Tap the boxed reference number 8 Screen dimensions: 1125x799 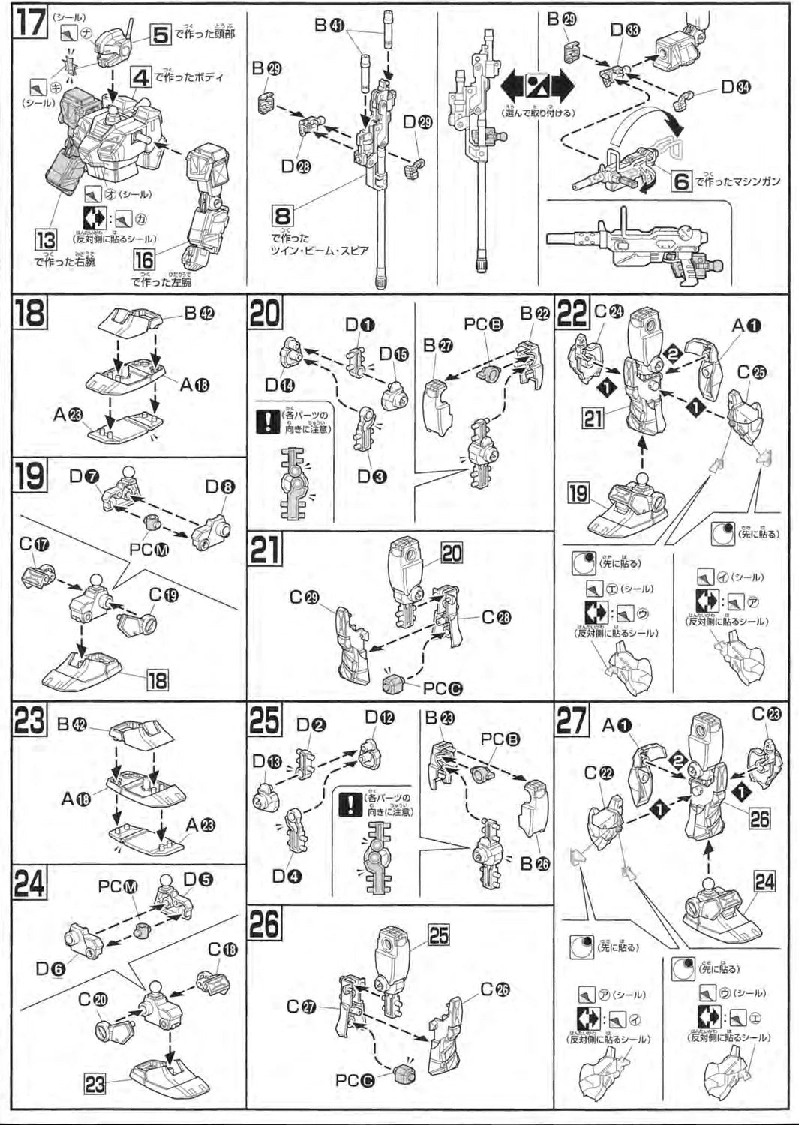[284, 215]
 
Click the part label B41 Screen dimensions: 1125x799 [329, 25]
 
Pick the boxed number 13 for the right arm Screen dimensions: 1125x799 [47, 240]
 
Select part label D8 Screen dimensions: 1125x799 [220, 487]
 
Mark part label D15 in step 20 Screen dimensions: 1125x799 [394, 353]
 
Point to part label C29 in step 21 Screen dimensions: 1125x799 [305, 598]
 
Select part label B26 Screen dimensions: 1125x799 [535, 863]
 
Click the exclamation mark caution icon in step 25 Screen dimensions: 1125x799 [350, 805]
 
